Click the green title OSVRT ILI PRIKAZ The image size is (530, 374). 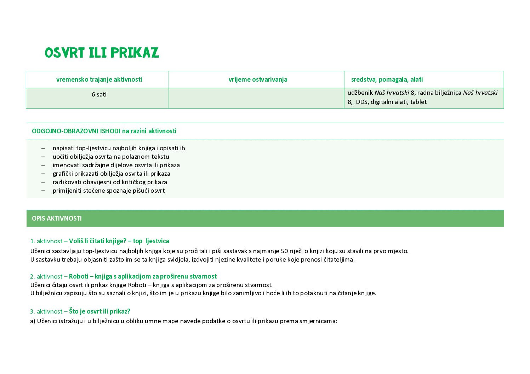(x=102, y=53)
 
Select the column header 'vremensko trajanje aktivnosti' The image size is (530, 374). (x=99, y=80)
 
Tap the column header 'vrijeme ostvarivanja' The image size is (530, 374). (x=258, y=80)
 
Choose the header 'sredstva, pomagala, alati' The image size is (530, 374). (x=387, y=80)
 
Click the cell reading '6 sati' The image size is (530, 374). (x=99, y=94)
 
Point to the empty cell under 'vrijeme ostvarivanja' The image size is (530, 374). (x=256, y=98)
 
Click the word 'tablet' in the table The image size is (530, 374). (x=418, y=102)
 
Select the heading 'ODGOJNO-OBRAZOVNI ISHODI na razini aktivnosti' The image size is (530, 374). (x=104, y=131)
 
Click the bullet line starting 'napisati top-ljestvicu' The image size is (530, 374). (x=119, y=148)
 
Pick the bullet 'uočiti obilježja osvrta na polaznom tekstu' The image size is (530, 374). (x=111, y=157)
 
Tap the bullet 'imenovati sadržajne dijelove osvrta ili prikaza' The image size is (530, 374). (x=116, y=165)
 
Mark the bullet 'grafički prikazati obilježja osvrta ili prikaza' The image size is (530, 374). (x=111, y=174)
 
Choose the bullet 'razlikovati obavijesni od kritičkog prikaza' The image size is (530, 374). (x=110, y=182)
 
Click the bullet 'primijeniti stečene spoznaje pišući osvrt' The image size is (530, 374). (x=109, y=191)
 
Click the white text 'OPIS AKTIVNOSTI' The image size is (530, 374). (x=57, y=218)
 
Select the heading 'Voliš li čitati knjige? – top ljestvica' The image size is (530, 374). (x=119, y=241)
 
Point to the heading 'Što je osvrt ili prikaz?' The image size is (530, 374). (x=99, y=311)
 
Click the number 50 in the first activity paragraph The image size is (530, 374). (x=284, y=251)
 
